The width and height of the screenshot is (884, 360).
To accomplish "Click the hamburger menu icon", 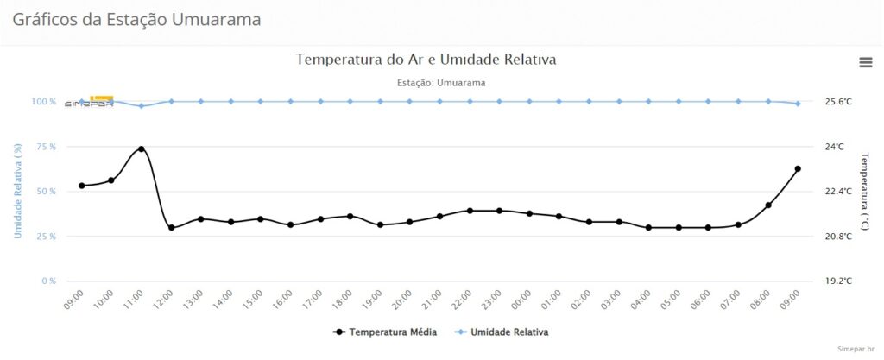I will point(865,61).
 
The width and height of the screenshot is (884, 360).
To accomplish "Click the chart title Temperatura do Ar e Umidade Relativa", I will point(426,60).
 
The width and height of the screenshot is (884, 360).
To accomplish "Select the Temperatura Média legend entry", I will point(384,332).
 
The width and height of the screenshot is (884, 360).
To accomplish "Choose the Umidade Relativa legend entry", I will point(502,332).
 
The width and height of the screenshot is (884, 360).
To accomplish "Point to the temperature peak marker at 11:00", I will point(142,149).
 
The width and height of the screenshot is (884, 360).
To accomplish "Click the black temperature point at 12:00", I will point(172,228).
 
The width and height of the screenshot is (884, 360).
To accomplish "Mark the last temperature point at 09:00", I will point(798,169).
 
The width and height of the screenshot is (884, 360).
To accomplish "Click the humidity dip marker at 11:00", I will point(142,106).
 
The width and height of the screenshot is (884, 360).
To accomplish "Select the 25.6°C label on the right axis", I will point(838,102).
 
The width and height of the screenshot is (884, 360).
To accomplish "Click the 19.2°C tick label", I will point(838,281).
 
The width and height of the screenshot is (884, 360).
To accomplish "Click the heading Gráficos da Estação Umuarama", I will point(136,19).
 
